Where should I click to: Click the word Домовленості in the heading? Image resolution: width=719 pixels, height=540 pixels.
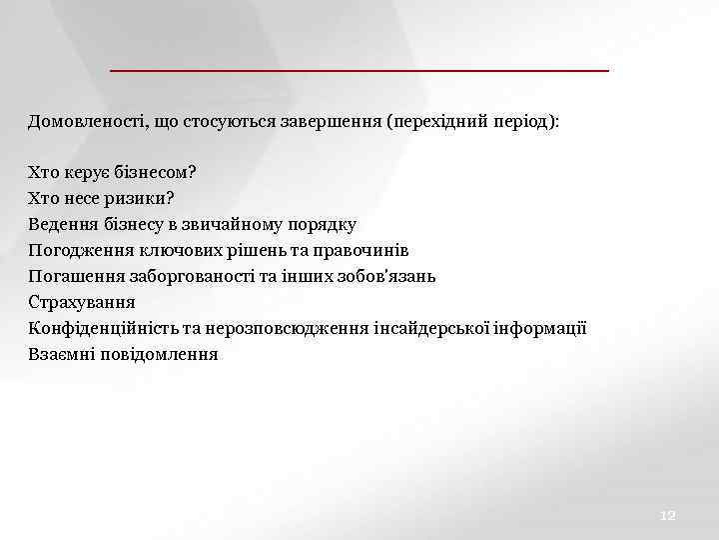point(84,121)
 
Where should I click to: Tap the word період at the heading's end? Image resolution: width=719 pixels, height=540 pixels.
point(524,121)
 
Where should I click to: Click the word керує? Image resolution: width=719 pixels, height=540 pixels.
point(87,172)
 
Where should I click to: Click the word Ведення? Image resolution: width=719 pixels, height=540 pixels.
point(62,224)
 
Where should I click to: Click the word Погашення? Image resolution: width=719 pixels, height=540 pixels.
point(73,276)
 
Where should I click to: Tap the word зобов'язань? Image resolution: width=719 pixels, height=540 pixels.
point(386,276)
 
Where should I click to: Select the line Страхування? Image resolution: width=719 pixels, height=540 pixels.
point(82,302)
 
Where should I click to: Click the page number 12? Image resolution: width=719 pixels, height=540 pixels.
point(668,515)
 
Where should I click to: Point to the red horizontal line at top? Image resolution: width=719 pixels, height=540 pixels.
point(359,71)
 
